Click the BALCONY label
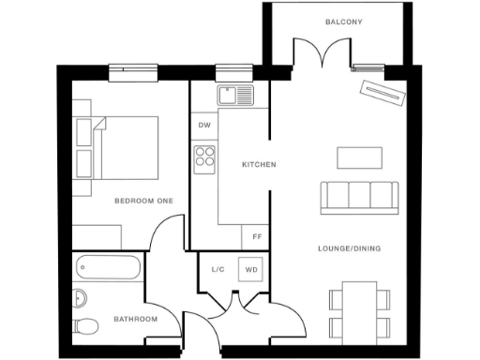tap(343, 22)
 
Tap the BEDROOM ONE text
tap(144, 201)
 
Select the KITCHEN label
tap(259, 165)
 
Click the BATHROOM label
tap(135, 320)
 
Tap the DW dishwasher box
tap(204, 125)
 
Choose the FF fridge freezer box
tap(256, 237)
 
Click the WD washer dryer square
tap(251, 269)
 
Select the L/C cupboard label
tap(218, 269)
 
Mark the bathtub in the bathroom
tap(107, 268)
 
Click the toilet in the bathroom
tap(85, 326)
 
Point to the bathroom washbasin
tap(79, 298)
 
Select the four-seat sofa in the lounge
tap(357, 195)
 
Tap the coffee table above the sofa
tap(360, 157)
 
